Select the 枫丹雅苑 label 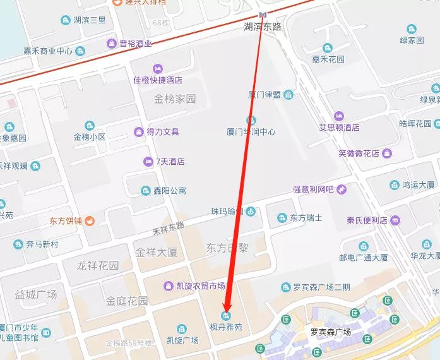click(226, 328)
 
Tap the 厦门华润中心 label click(251, 132)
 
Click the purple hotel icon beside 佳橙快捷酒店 click(157, 68)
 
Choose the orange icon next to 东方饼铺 click(90, 221)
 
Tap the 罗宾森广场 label click(330, 332)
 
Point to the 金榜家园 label click(175, 99)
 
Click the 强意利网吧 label click(313, 189)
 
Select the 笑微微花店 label click(358, 153)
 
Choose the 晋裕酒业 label click(136, 44)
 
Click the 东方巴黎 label click(226, 248)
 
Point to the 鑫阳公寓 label click(170, 190)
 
